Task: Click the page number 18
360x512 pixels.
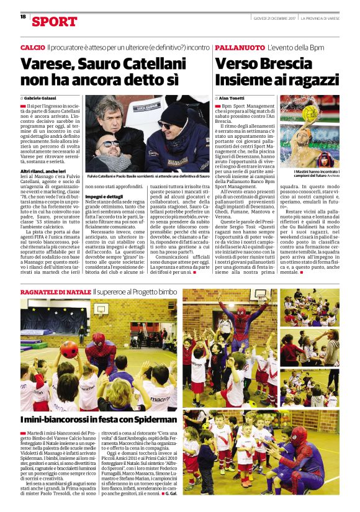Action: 23,17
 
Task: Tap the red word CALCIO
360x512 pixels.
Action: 32,48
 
